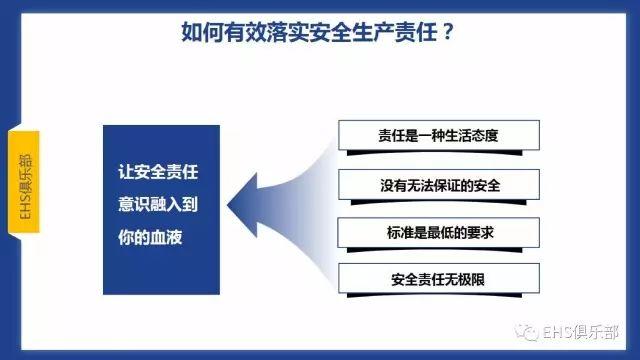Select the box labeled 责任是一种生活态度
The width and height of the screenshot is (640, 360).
(x=439, y=134)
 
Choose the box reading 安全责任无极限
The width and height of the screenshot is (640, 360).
(x=439, y=277)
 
